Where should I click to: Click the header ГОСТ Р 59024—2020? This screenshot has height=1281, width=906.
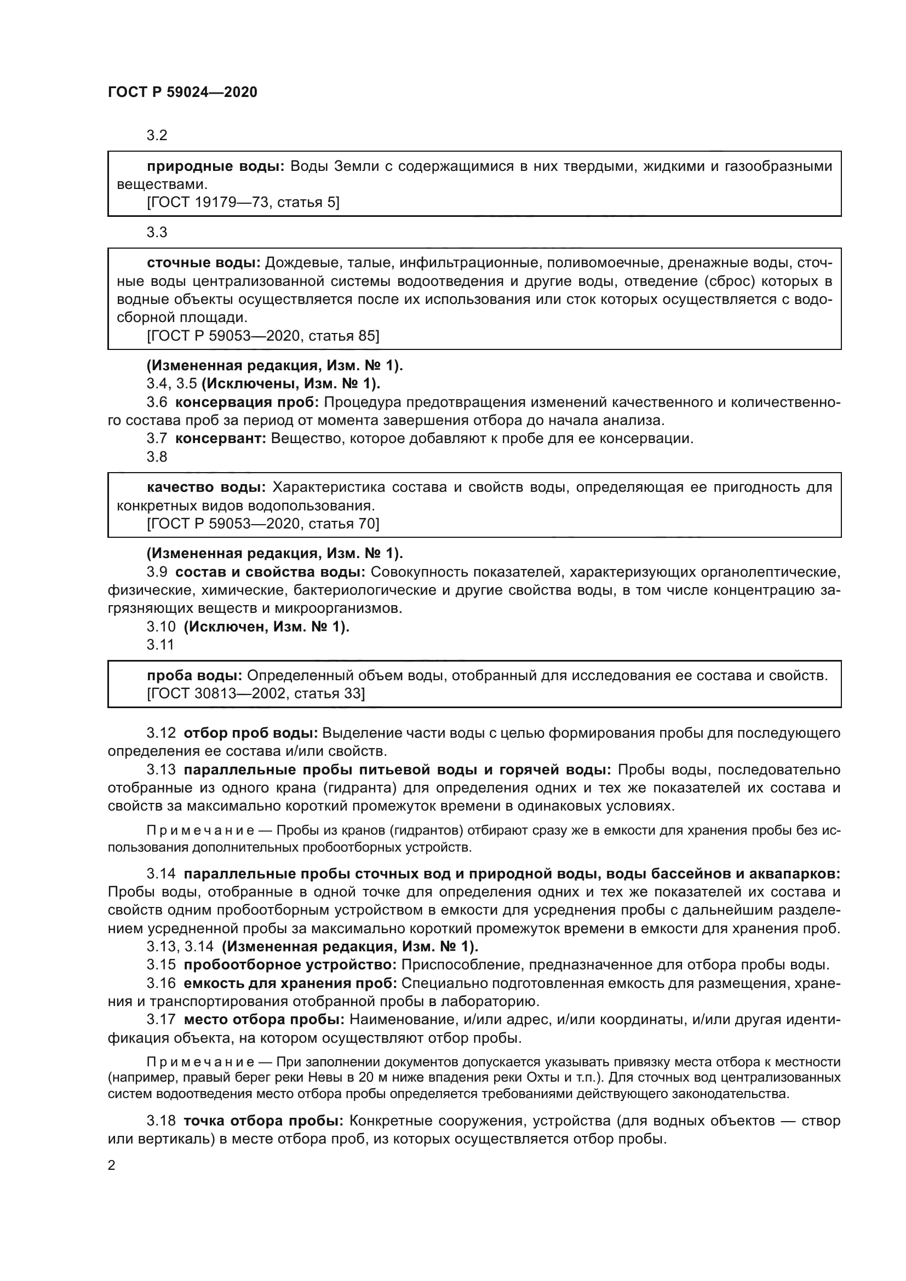tap(182, 92)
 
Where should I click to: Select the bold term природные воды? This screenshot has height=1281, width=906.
tap(216, 166)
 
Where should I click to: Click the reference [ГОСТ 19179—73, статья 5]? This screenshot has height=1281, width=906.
tap(243, 202)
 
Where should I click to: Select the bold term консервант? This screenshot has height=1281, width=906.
tap(220, 438)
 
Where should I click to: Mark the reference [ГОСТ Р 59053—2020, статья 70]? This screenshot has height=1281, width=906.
tap(262, 524)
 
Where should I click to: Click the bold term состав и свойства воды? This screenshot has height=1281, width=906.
tap(270, 572)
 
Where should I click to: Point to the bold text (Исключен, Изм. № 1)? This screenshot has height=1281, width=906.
tap(267, 626)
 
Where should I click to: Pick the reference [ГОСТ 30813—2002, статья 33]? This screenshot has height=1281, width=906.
tap(255, 693)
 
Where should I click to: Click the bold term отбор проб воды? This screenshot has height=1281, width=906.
tap(250, 733)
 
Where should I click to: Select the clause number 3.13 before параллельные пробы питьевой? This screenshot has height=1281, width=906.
tap(160, 769)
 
